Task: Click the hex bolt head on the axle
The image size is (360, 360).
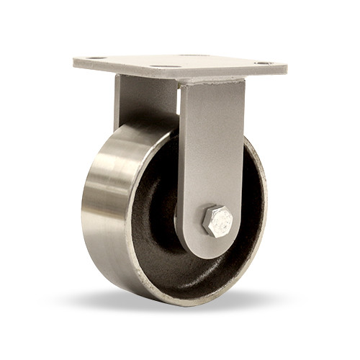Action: pyautogui.click(x=217, y=222)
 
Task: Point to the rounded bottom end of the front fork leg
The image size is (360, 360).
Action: pyautogui.click(x=216, y=248)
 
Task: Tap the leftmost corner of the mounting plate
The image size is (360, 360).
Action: pyautogui.click(x=75, y=62)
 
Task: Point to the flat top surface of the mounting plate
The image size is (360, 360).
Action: pyautogui.click(x=180, y=61)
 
